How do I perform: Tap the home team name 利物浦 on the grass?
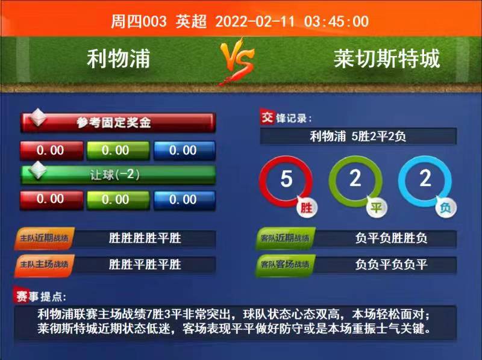tap(118, 58)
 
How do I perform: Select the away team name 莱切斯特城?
tap(387, 58)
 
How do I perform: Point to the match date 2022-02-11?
tap(255, 22)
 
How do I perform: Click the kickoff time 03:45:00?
tap(337, 22)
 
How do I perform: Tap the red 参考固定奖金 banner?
tap(118, 123)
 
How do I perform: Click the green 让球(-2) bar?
tap(118, 175)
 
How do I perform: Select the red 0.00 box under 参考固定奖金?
tap(51, 151)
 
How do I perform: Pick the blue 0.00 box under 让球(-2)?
tap(184, 200)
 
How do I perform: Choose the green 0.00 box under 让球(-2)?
tap(118, 200)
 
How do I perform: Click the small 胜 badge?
tap(307, 208)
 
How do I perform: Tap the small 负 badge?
tap(446, 208)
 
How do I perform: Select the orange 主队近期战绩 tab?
tap(44, 238)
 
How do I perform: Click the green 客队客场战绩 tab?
tap(285, 265)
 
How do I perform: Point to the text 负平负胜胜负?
tap(391, 238)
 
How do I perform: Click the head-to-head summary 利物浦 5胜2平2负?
tap(358, 136)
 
